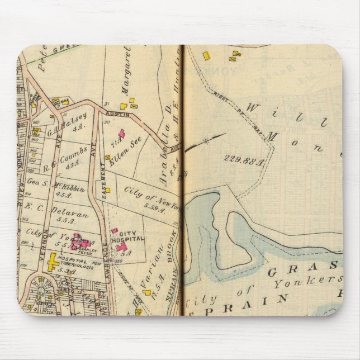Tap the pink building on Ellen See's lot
point(122,135)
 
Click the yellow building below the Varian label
point(147,291)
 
